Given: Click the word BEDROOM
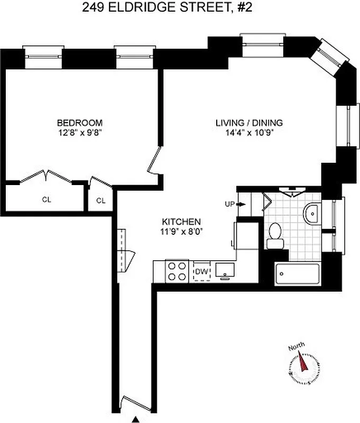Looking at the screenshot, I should [80, 123].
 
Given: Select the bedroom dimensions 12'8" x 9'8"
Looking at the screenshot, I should [80, 132].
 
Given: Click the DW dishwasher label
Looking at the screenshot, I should [201, 272].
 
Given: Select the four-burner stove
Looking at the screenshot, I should [176, 271].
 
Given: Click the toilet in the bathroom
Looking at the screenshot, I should [275, 235].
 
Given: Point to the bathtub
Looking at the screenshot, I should [298, 274].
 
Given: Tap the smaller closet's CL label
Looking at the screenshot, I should [100, 200].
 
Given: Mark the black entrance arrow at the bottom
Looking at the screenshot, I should [137, 419].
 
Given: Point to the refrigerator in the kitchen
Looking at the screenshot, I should [245, 235].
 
